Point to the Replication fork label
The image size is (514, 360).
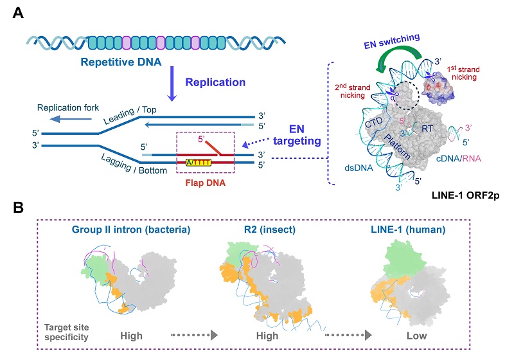66,107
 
